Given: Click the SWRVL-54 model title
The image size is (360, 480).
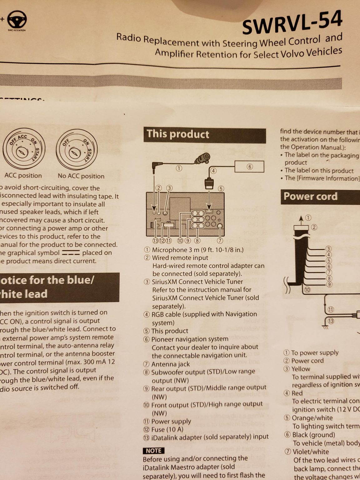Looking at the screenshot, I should click(292, 22).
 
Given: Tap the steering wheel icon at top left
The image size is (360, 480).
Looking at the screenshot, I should click(17, 20).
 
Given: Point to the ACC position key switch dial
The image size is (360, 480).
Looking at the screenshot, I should click(24, 149).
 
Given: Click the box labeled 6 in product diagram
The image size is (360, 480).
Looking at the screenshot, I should click(250, 167).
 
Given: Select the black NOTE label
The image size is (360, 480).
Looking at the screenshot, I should click(153, 451).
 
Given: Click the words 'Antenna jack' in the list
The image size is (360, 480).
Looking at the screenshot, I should click(171, 364).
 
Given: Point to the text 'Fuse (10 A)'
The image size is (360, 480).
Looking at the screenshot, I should click(167, 429).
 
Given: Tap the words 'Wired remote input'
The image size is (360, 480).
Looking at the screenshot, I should click(180, 258).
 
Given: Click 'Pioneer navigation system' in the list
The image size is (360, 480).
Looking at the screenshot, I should click(190, 339).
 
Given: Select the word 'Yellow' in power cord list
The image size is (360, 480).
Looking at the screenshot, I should click(301, 369).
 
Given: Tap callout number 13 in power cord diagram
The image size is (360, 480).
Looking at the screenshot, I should click(331, 321).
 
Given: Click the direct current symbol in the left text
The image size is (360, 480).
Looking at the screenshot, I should click(71, 253).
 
